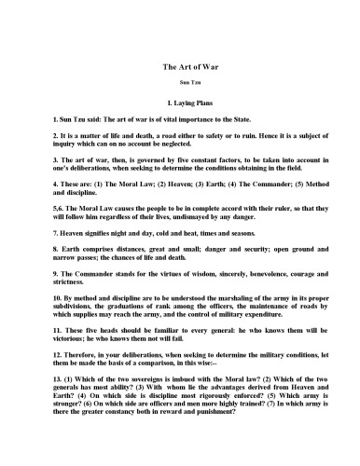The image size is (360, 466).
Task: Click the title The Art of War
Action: (179, 67)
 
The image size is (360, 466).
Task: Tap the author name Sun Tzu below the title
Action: (179, 83)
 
